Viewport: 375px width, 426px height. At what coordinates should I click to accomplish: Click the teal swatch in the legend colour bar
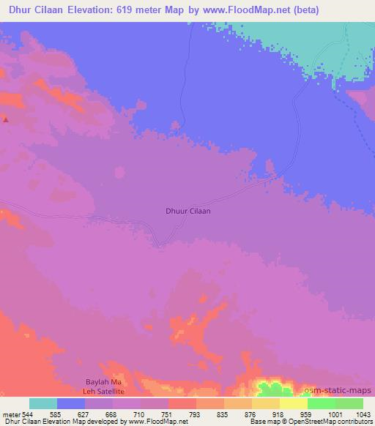[43, 403]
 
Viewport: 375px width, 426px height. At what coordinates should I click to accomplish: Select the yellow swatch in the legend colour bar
[293, 403]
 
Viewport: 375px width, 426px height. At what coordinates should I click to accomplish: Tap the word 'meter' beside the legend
[11, 414]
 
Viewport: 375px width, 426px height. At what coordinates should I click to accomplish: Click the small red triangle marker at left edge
[5, 119]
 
